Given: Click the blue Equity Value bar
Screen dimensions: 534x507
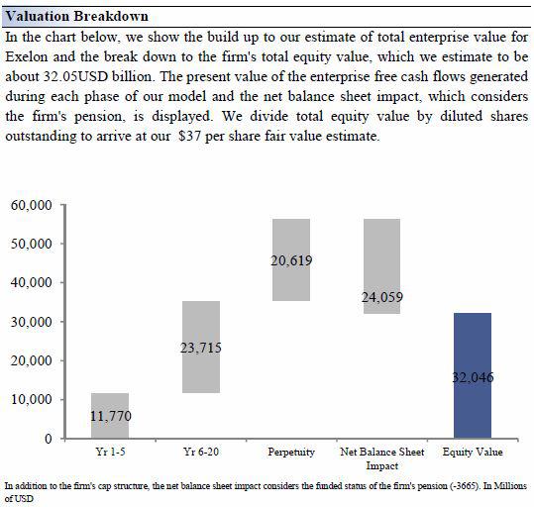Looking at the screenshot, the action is [x=473, y=375].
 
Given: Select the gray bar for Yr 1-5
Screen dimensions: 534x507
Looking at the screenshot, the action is [x=110, y=416].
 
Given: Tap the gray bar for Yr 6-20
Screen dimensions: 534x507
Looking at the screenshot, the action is [x=201, y=347].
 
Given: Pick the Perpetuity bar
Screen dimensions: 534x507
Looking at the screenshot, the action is [x=291, y=259].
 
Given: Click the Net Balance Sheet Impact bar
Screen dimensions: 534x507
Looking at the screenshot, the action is [x=381, y=266].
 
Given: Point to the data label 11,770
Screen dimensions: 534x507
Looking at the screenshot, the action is [x=111, y=416].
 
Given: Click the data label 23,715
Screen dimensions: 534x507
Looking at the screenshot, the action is [x=201, y=348].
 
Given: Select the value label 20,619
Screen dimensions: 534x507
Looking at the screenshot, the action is [x=291, y=260].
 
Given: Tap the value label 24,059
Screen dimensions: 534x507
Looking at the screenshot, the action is [x=382, y=297].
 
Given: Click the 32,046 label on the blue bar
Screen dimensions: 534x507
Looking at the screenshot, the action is [x=473, y=377].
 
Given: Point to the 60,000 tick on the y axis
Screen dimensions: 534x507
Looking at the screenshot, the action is [x=32, y=205].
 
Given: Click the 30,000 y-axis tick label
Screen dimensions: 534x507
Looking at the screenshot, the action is [x=32, y=322].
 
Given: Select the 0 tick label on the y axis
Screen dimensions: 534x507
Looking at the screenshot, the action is [x=49, y=439].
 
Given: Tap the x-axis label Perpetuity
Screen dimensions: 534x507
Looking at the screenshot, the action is [x=291, y=452].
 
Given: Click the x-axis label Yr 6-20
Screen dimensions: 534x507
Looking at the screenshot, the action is [x=201, y=452].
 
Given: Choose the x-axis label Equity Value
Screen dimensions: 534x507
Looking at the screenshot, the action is [x=473, y=452].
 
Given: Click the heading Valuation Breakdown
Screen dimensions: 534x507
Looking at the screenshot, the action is [x=77, y=17].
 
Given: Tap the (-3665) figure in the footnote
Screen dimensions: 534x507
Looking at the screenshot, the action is [x=461, y=485].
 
